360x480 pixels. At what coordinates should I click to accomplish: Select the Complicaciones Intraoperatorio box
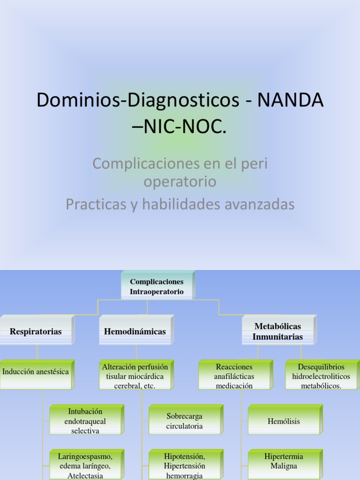coord(157,286)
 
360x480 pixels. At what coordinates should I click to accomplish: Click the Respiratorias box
coord(36,331)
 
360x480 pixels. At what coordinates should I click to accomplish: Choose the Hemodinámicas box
coord(135,331)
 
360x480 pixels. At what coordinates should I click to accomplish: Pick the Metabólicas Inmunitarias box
coord(277,331)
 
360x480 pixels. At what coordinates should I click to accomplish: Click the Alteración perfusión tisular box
coord(135,375)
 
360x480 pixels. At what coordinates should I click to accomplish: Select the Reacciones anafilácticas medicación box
coord(234,375)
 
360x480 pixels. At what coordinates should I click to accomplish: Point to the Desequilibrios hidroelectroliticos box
coord(321,375)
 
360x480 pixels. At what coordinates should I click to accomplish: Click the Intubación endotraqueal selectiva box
coord(85,420)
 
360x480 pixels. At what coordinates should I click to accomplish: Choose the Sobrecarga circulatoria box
coord(185,420)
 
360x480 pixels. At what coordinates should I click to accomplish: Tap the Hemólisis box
coord(284,420)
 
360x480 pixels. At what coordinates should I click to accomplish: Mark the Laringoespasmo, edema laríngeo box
coord(85,464)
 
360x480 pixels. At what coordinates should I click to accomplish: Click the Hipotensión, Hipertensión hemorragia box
coord(185,464)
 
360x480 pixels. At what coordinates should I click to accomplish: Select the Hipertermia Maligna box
coord(284,462)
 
